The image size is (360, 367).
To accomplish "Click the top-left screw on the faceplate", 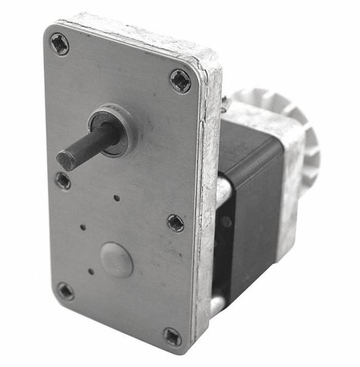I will pos(59,44).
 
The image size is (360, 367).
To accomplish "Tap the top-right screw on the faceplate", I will pos(180,81).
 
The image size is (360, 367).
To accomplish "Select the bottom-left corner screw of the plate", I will pos(66,291).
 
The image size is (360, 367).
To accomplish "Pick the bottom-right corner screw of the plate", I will pos(172,336).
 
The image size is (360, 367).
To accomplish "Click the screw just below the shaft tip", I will pos(62,180).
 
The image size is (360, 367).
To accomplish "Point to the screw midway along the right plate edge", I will pos(175,223).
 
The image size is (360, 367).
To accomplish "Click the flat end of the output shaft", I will pos(66,160).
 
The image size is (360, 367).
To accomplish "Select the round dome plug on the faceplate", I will pos(116,259).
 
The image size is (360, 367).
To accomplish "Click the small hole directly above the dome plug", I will pos(116,198).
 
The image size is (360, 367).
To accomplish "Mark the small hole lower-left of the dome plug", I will pos(91,271).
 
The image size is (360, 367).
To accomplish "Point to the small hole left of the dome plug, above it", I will pos(83,227).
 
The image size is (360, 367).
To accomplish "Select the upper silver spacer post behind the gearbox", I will pos(223,190).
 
